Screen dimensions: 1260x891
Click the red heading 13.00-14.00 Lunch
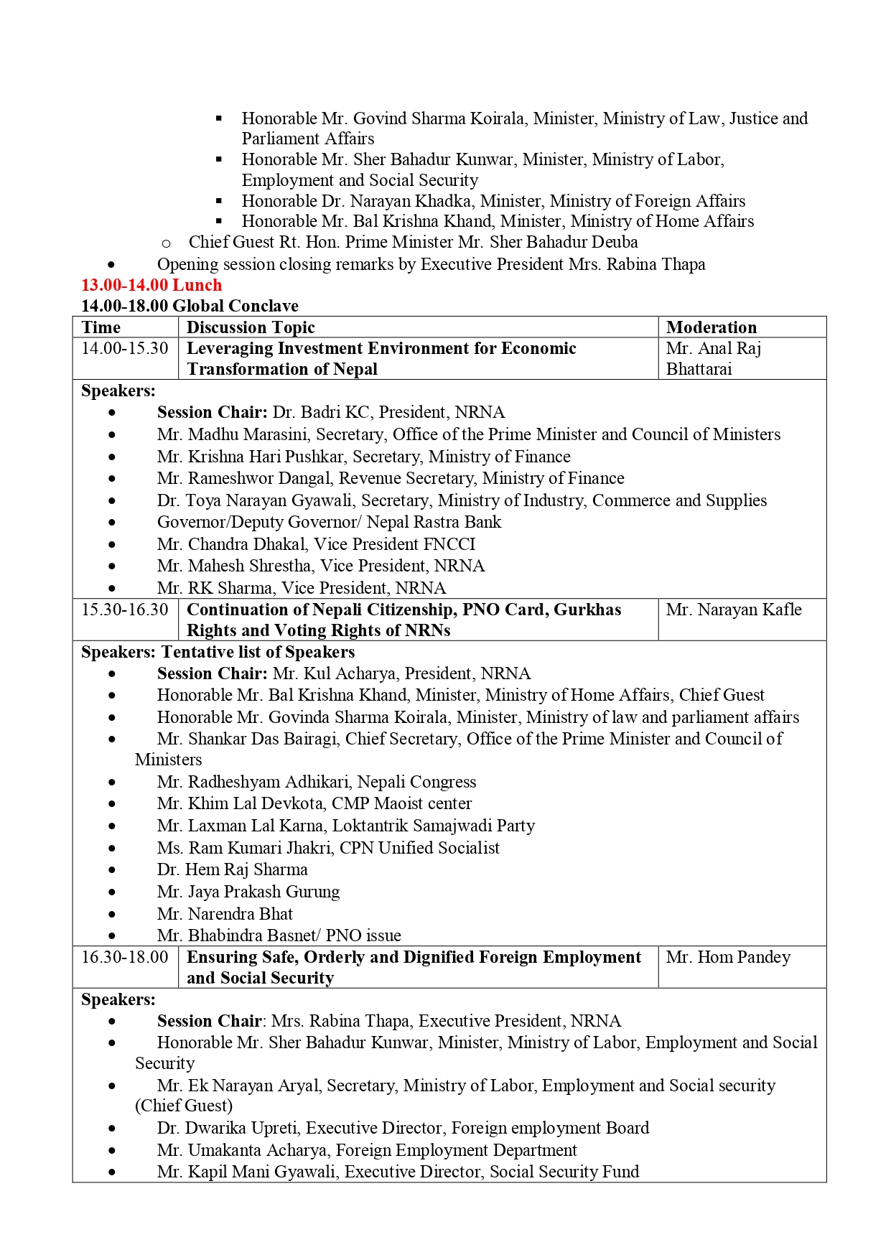(151, 285)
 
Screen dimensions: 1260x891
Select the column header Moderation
(711, 327)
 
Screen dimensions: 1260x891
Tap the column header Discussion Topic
(251, 327)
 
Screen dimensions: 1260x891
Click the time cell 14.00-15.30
(125, 348)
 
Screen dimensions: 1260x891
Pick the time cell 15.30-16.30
(125, 610)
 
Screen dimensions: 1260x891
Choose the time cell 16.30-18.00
(125, 957)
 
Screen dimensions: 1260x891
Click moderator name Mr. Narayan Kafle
(733, 610)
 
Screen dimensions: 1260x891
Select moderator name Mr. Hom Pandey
(728, 957)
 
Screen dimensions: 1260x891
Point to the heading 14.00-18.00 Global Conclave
(190, 306)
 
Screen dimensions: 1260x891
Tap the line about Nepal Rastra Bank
(329, 522)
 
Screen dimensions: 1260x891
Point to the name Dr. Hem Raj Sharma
(232, 869)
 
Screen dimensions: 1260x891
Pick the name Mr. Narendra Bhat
(225, 914)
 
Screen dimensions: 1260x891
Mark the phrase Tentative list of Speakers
(258, 652)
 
